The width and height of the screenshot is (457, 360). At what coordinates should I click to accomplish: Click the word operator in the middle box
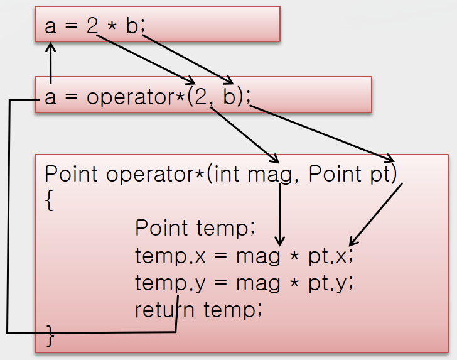click(x=132, y=97)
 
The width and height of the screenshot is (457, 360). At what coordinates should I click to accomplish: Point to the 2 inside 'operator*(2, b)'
click(x=202, y=97)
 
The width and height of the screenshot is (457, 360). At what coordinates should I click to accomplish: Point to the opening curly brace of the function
click(x=50, y=201)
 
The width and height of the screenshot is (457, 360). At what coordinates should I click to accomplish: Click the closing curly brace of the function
click(x=51, y=336)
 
